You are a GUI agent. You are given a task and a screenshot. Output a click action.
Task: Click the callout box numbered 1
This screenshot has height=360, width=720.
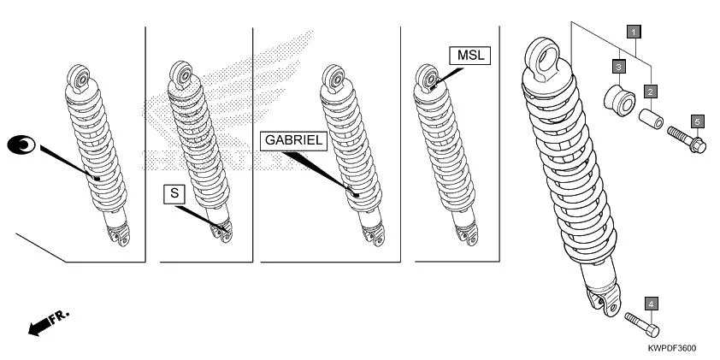coord(633,32)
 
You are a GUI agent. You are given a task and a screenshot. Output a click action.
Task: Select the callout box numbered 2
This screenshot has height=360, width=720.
coord(651,91)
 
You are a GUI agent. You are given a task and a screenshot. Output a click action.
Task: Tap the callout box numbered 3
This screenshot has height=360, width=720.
coord(617,65)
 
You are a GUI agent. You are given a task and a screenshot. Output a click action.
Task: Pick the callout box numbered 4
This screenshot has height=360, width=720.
coord(651,304)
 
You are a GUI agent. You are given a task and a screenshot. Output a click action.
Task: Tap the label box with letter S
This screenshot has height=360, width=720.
coord(174,194)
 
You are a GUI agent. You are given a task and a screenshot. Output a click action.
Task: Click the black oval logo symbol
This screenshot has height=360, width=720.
coord(21,146)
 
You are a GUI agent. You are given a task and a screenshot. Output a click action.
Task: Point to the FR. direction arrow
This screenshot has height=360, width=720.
coord(47,323)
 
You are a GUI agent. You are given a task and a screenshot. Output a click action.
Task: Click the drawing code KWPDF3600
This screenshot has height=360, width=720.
coord(671,348)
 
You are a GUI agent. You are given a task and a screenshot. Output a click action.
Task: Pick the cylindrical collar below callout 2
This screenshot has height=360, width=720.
coord(652,119)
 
